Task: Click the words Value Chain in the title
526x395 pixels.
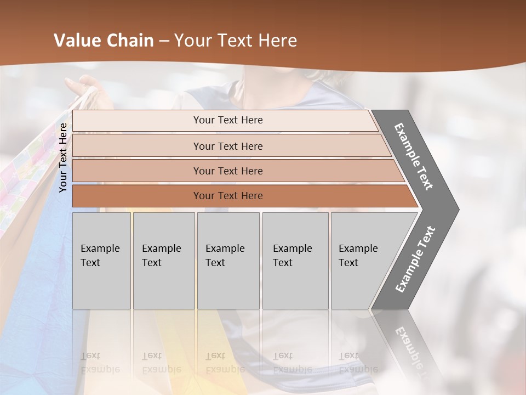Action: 104,41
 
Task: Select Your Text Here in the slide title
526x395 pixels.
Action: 236,41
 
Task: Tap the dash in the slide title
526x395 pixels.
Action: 164,41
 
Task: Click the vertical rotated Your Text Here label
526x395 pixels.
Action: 63,157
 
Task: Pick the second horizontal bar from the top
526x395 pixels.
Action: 228,146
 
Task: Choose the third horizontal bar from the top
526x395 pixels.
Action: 228,171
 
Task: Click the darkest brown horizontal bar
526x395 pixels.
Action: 228,196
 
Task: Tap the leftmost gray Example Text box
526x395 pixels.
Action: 101,260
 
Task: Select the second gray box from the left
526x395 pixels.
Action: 163,260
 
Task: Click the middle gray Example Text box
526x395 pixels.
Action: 228,260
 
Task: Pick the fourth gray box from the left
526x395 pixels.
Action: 295,260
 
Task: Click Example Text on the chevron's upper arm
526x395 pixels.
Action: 414,156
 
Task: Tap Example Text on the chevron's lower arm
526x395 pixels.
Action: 415,259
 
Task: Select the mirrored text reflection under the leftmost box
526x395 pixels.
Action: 100,363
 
